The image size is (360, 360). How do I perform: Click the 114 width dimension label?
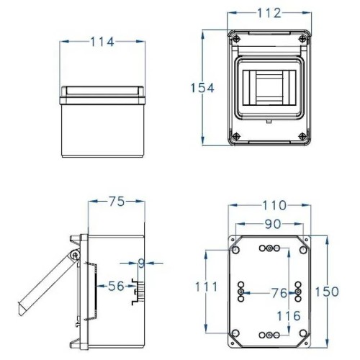[102, 42]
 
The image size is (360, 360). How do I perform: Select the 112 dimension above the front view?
[270, 14]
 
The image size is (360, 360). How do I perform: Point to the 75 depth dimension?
[116, 203]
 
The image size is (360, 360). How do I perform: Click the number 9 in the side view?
[142, 264]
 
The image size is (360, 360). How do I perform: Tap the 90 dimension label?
[271, 224]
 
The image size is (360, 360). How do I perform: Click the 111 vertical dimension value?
[207, 287]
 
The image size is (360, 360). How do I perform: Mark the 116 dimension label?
[288, 316]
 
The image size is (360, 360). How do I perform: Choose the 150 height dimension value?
[330, 291]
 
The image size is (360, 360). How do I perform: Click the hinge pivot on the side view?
[75, 256]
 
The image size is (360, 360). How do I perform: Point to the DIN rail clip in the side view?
[141, 292]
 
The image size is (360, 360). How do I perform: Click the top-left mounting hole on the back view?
[235, 250]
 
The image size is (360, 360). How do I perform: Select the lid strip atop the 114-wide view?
[102, 91]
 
